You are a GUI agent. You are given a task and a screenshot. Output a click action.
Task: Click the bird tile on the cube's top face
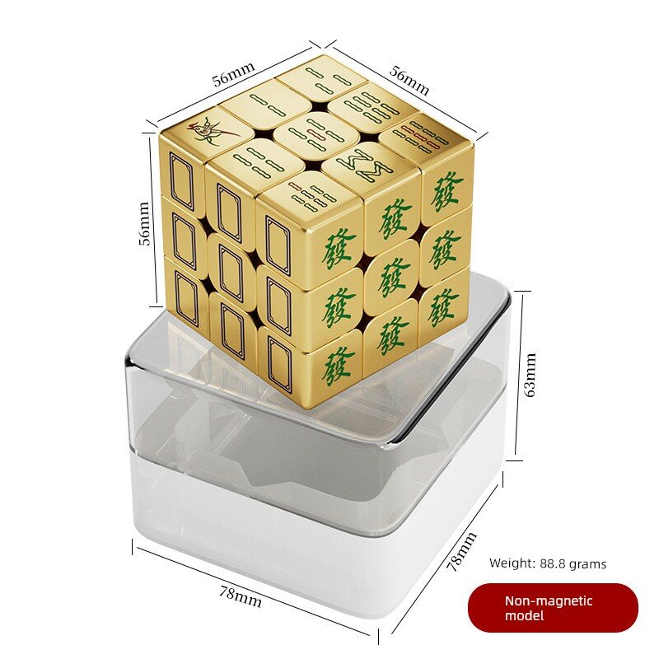tap(209, 130)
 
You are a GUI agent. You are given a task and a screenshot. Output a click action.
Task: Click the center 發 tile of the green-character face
tap(392, 277)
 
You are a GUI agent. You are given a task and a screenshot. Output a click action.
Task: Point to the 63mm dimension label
tap(530, 375)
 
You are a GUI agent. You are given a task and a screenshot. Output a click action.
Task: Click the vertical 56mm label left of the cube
tap(143, 223)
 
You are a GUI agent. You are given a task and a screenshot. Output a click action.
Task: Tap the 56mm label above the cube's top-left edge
tap(233, 74)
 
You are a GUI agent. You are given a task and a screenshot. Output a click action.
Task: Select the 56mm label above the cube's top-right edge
tap(409, 81)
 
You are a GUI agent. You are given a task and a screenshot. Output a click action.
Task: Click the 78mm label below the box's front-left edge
tap(241, 596)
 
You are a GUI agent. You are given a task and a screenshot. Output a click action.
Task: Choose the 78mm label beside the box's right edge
tap(461, 551)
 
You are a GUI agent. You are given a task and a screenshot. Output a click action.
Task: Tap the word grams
tap(589, 564)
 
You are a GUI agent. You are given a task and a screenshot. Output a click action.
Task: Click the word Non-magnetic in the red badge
tap(549, 601)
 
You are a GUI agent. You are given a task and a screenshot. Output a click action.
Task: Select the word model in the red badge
tap(524, 615)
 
